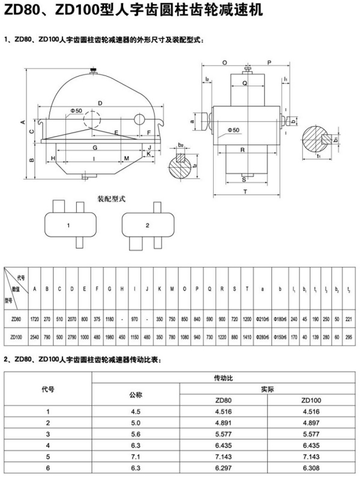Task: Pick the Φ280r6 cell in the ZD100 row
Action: click(263, 338)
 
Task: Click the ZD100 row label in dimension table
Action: click(16, 338)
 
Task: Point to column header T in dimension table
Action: click(247, 288)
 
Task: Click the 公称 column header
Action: click(137, 395)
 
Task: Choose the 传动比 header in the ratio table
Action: click(224, 378)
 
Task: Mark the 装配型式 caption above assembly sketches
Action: click(111, 197)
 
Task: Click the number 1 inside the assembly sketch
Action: click(69, 226)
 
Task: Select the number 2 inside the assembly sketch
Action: click(147, 226)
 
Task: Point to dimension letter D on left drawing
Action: click(100, 103)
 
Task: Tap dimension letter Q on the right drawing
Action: click(244, 83)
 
